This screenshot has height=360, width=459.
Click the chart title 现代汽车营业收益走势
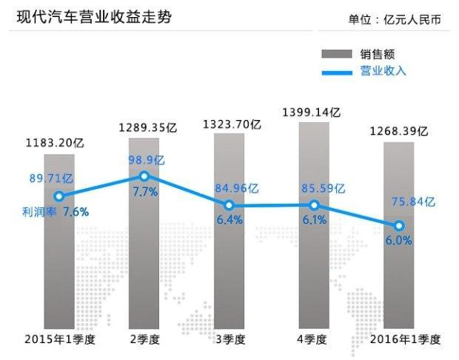(x=94, y=16)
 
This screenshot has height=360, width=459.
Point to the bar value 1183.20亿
(x=54, y=143)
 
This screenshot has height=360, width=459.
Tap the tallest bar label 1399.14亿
(x=312, y=112)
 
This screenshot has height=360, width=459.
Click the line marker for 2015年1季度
(x=59, y=196)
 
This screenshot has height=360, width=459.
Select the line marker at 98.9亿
(x=144, y=176)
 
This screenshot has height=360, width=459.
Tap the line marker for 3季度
(x=229, y=205)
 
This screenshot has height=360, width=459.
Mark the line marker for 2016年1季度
(x=399, y=225)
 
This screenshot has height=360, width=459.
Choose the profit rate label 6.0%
(x=398, y=241)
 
